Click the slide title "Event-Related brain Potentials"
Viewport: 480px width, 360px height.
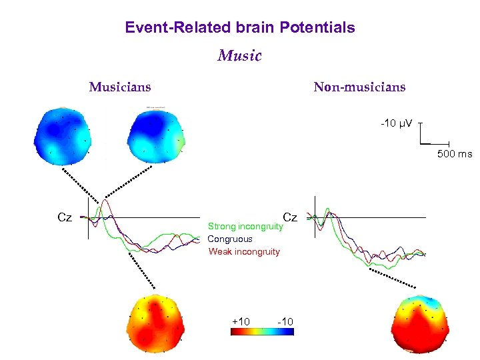pyautogui.click(x=240, y=27)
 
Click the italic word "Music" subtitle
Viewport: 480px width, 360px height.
pyautogui.click(x=240, y=55)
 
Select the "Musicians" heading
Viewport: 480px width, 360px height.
pyautogui.click(x=120, y=87)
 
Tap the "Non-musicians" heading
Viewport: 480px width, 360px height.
pyautogui.click(x=359, y=87)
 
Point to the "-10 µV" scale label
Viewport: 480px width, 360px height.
pyautogui.click(x=396, y=123)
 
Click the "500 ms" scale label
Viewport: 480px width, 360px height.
pyautogui.click(x=454, y=154)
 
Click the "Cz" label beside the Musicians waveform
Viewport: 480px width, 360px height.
pyautogui.click(x=65, y=217)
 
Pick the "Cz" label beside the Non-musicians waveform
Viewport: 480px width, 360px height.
pyautogui.click(x=290, y=217)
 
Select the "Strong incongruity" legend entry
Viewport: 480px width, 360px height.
pyautogui.click(x=245, y=226)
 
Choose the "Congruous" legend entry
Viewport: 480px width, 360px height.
pyautogui.click(x=230, y=239)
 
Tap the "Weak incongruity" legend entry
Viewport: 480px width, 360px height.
pyautogui.click(x=244, y=251)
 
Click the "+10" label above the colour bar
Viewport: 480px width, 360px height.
pyautogui.click(x=241, y=322)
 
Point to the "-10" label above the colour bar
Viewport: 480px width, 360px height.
pyautogui.click(x=285, y=322)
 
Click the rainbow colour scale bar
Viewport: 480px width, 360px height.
pyautogui.click(x=263, y=332)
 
